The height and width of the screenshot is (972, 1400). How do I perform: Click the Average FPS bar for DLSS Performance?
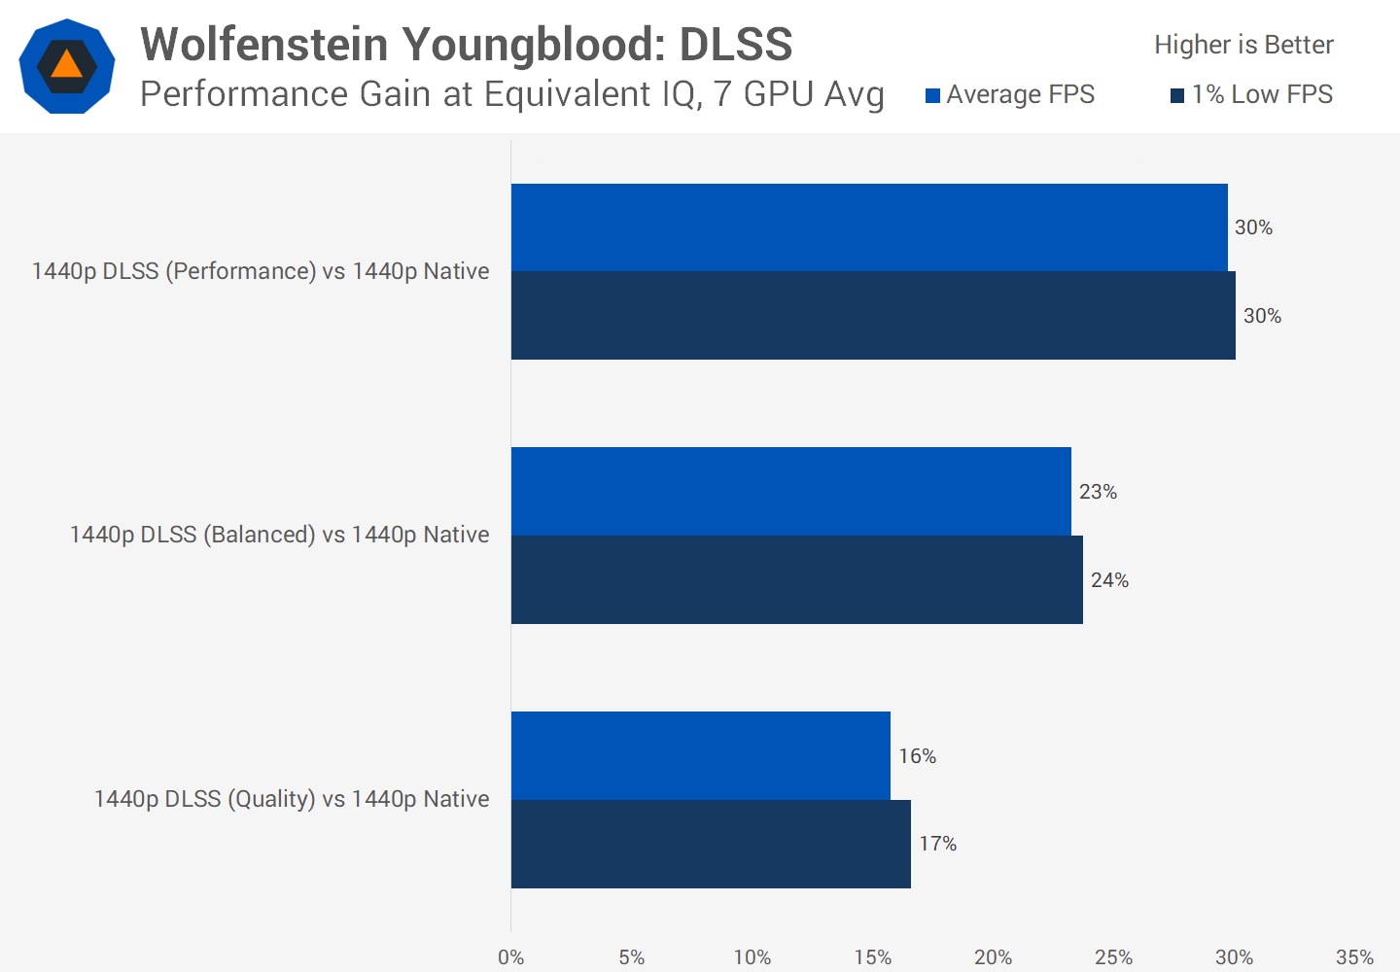(869, 227)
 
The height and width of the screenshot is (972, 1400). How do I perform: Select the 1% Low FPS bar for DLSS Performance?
(873, 316)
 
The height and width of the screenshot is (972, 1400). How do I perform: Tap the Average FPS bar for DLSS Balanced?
(791, 492)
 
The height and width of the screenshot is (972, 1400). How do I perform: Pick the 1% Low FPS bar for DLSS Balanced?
(797, 580)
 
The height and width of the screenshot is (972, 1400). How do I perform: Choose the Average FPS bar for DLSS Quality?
(701, 756)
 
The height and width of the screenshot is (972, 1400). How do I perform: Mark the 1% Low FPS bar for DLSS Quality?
(711, 844)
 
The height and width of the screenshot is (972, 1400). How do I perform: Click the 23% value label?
(1098, 492)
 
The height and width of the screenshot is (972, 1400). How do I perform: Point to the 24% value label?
(1109, 580)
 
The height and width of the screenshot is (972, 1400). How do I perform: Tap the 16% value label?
(917, 756)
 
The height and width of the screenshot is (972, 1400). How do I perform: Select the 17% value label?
(938, 844)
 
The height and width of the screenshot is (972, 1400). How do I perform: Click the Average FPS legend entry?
(1010, 94)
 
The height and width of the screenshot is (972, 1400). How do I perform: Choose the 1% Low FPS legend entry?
(1252, 94)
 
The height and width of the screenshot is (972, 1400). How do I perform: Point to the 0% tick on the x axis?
(511, 957)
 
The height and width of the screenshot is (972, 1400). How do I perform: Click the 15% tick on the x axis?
(873, 957)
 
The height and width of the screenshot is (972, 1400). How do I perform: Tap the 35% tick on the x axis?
(1354, 957)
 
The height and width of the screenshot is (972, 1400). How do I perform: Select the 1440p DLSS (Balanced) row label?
(279, 535)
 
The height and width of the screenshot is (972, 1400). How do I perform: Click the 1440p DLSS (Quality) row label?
(292, 799)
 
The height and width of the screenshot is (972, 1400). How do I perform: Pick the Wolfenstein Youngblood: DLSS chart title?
(467, 45)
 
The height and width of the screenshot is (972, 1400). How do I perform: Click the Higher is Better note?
(1243, 45)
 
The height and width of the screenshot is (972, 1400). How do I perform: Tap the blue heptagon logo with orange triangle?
(67, 66)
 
